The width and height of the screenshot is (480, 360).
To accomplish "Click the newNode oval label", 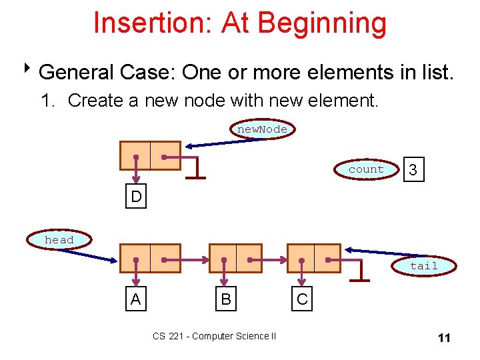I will [263, 129].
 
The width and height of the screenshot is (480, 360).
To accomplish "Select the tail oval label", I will [423, 266].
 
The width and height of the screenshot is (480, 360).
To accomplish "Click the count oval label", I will [366, 169].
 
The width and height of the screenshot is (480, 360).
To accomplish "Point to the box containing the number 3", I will [413, 171].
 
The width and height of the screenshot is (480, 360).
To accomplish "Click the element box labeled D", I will [136, 197].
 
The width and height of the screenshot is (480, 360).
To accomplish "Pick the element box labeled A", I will [136, 299].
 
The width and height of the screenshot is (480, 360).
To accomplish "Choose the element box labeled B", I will [226, 299].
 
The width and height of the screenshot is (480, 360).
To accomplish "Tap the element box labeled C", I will [303, 299].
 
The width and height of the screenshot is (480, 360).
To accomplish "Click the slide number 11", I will [444, 338].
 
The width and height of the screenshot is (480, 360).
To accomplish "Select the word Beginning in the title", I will [321, 23].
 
